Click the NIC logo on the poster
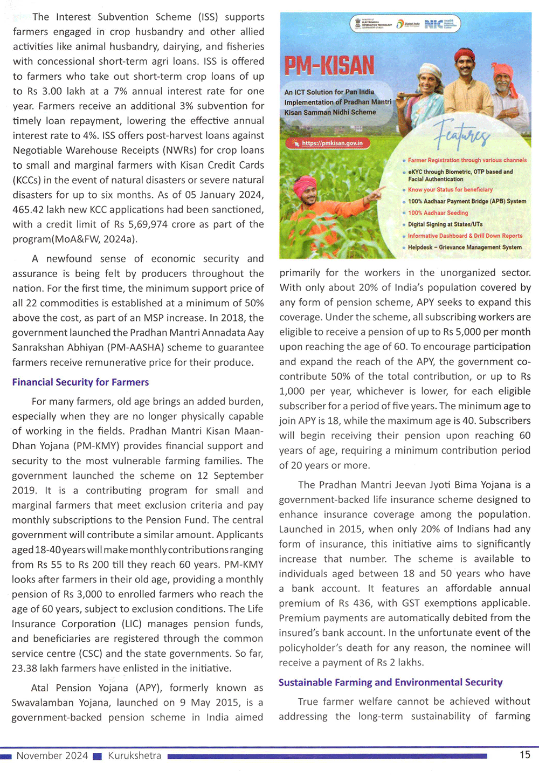[434, 24]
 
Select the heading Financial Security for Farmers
[80, 382]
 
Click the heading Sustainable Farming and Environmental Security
[390, 682]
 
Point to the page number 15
[524, 755]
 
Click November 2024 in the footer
[52, 756]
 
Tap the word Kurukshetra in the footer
[134, 756]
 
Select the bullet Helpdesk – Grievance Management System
[464, 248]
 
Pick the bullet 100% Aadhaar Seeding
[438, 213]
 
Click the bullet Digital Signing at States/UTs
[445, 224]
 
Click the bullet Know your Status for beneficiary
[450, 190]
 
